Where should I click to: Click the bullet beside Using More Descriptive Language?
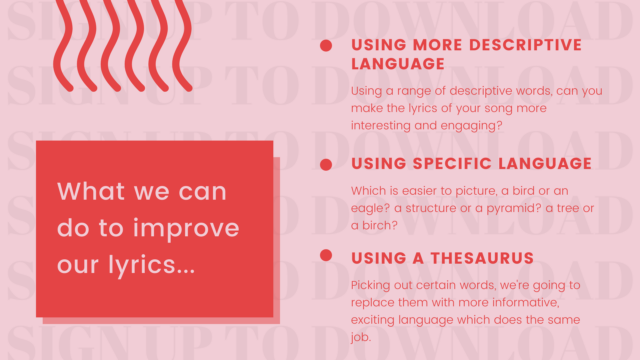coord(326,46)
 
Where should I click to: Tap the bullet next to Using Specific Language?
coord(326,164)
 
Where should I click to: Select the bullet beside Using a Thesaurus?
coord(326,255)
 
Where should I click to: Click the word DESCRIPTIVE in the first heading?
coord(525,45)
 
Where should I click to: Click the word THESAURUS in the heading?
coord(482,258)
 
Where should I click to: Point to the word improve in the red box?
coord(186,229)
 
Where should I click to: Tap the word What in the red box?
coord(91,191)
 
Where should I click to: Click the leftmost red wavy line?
coord(63,45)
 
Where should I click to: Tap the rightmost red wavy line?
coord(182,45)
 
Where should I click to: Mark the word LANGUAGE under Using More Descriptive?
coord(398,64)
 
